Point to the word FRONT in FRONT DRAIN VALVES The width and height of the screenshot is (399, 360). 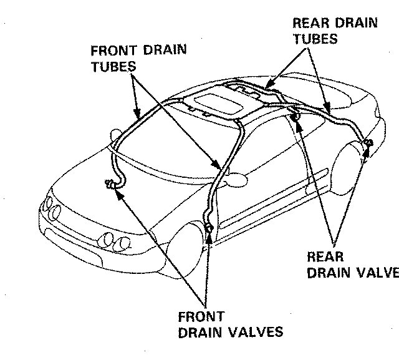tap(201, 317)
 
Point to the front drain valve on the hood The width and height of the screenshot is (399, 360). tap(112, 183)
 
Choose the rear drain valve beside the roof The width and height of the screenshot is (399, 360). tap(297, 117)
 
